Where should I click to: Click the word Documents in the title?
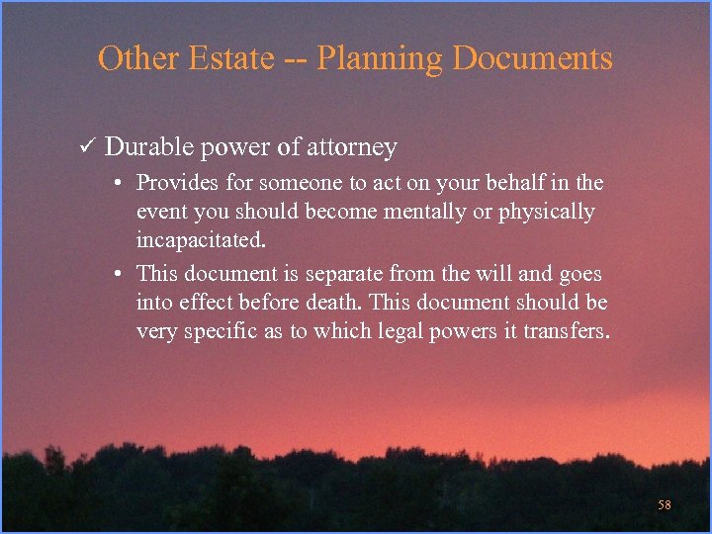coord(533,58)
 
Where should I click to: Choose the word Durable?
coord(150,147)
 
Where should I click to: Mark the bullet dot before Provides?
coord(117,184)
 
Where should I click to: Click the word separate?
coord(346,272)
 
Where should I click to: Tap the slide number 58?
coord(665,505)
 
